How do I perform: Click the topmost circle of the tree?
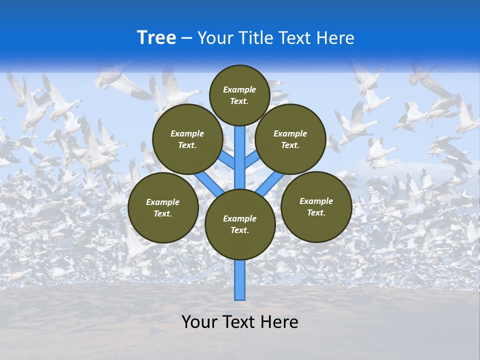pyautogui.click(x=239, y=95)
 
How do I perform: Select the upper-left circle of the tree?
pyautogui.click(x=187, y=139)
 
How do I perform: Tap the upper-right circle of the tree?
pyautogui.click(x=290, y=139)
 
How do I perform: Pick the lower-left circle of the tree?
pyautogui.click(x=163, y=207)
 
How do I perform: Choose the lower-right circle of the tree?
pyautogui.click(x=316, y=206)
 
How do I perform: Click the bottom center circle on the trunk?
pyautogui.click(x=240, y=224)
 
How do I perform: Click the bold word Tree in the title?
pyautogui.click(x=156, y=38)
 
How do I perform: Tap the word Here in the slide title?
pyautogui.click(x=335, y=38)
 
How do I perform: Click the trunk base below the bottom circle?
pyautogui.click(x=240, y=280)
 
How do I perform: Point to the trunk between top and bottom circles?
pyautogui.click(x=240, y=155)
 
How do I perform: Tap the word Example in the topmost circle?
pyautogui.click(x=239, y=89)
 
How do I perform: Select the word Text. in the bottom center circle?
pyautogui.click(x=239, y=230)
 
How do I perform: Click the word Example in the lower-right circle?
pyautogui.click(x=316, y=201)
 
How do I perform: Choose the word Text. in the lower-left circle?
pyautogui.click(x=163, y=213)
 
